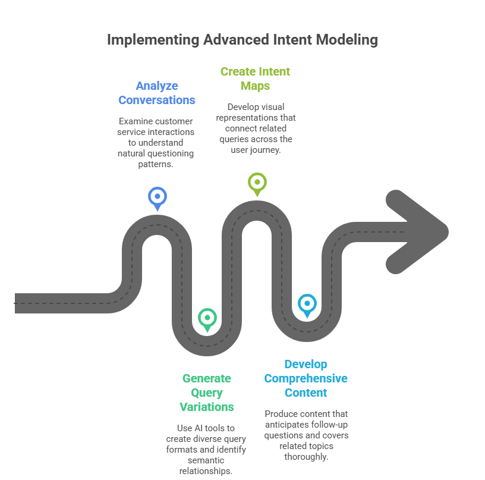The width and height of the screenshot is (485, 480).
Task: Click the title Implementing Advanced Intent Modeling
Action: pos(242,40)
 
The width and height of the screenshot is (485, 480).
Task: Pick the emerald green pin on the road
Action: pos(207,317)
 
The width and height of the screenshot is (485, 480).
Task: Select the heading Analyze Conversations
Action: pos(157,92)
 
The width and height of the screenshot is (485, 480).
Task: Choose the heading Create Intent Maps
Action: pos(255,79)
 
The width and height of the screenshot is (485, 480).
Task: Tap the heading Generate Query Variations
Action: pos(207,393)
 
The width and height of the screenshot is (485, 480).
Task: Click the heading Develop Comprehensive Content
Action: pos(306,378)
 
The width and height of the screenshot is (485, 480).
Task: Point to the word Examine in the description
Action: pos(134,121)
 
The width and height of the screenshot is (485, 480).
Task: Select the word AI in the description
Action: pos(198,428)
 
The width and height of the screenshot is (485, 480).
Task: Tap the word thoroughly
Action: pos(306,456)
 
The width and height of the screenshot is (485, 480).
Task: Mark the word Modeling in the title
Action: pos(347,40)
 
